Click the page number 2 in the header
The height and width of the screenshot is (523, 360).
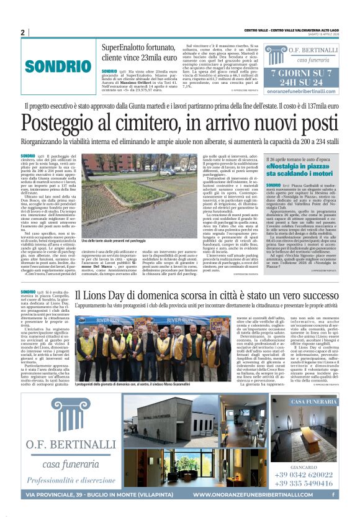coord(23,32)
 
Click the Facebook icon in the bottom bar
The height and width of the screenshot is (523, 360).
coord(334,494)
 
